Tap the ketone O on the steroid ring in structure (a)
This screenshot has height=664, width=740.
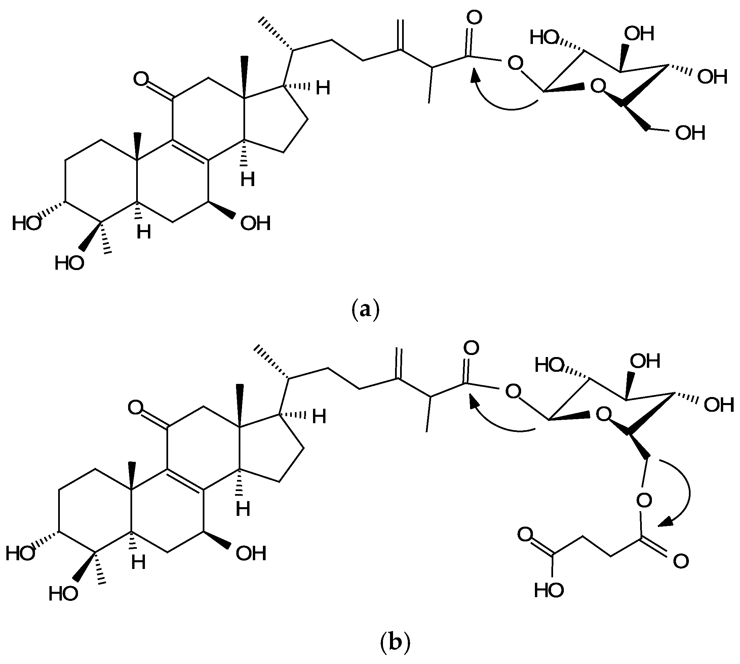[x=141, y=79]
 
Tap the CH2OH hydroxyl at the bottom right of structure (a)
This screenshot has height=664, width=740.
[x=690, y=133]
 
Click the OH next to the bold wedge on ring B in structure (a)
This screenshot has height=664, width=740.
[x=255, y=223]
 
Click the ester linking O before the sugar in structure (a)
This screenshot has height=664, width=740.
[x=515, y=63]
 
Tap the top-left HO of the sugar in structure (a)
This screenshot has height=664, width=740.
[x=544, y=38]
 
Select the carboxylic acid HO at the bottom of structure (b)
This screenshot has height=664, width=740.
[x=549, y=590]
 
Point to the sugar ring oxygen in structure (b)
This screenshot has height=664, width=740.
[x=604, y=414]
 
